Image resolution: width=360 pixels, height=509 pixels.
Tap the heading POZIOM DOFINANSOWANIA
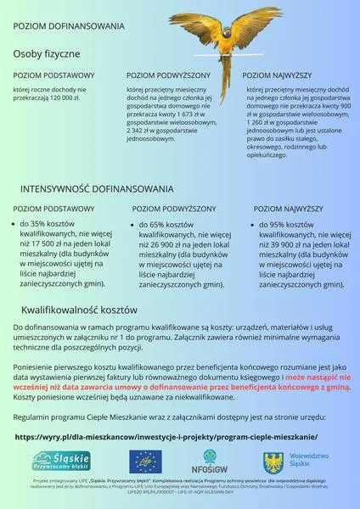[70, 26]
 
